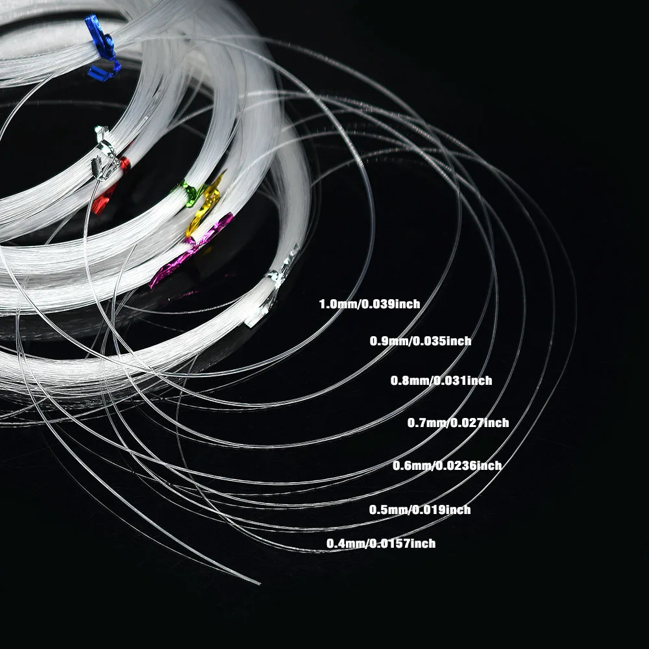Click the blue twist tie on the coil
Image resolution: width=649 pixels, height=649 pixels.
point(103,47)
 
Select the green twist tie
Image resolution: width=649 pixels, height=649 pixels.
point(189,193)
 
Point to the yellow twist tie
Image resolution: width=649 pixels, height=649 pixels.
point(204,205)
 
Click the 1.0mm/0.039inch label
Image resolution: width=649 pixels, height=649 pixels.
point(369,304)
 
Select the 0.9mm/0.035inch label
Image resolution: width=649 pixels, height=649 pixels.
point(420,341)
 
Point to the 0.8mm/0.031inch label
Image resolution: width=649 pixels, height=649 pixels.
point(441,380)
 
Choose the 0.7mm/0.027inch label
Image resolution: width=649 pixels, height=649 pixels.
point(458,422)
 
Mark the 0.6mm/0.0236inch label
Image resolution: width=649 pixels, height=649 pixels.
point(447,465)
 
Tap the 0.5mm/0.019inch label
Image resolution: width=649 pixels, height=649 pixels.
point(420,509)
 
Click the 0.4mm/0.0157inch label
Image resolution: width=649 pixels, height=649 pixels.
point(381,543)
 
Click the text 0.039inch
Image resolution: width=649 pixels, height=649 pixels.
point(391,304)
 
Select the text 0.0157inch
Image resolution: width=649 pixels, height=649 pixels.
point(402,543)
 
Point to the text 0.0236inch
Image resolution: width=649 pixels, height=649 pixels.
point(469,465)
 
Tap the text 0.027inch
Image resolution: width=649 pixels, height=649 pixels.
point(480,422)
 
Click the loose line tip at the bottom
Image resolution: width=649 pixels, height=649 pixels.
point(260,584)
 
